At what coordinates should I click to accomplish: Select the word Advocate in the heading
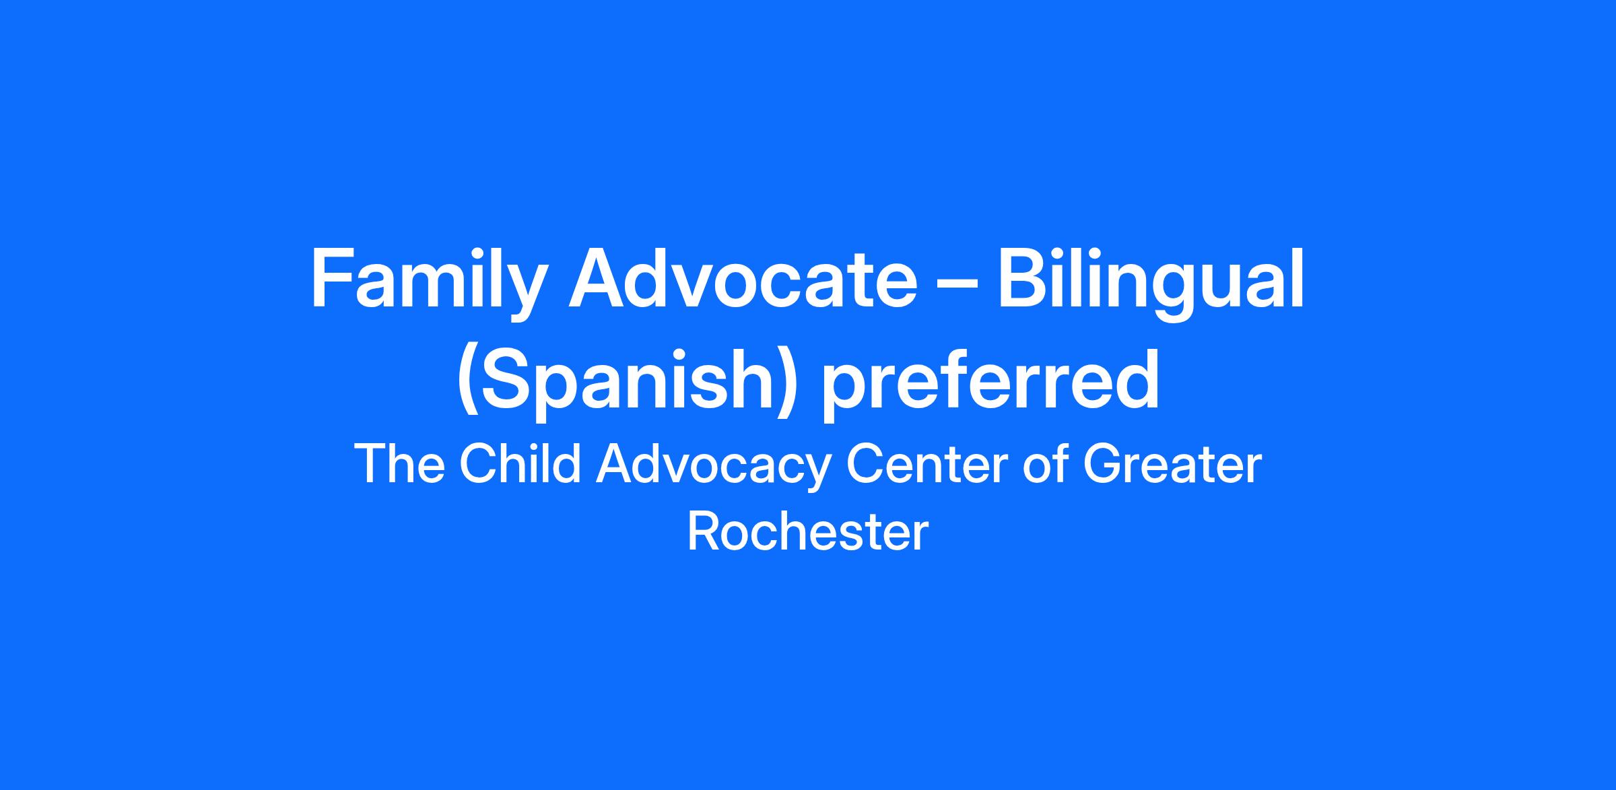click(743, 277)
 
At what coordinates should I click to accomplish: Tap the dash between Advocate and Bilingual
click(957, 283)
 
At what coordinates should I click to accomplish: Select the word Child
click(520, 464)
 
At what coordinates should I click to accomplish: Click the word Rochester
click(807, 533)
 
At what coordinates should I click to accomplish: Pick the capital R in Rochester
click(704, 532)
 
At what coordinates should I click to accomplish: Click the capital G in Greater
click(1103, 464)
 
